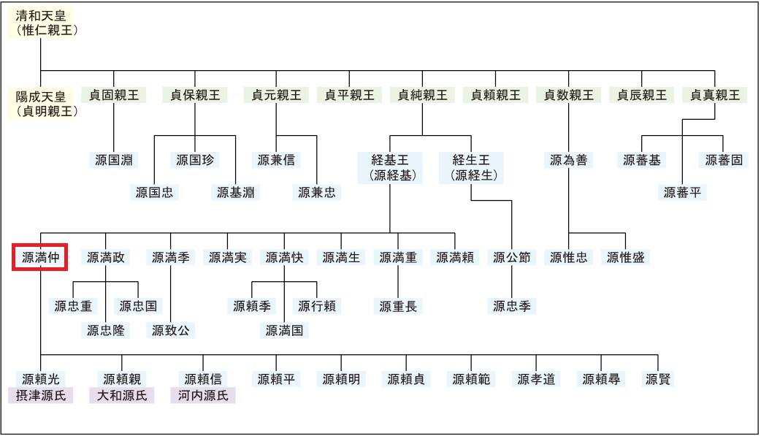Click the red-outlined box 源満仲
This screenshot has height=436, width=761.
40,257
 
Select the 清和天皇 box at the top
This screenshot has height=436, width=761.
45,23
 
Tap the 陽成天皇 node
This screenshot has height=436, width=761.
45,103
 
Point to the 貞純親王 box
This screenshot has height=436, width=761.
423,95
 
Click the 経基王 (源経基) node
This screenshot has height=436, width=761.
389,167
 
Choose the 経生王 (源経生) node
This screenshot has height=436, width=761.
471,167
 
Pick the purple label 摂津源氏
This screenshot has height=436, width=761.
41,396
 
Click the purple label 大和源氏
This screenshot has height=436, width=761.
122,396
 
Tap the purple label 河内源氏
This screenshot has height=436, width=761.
204,396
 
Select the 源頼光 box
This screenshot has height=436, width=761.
41,379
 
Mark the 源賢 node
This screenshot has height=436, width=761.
658,379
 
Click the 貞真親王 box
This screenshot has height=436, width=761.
715,95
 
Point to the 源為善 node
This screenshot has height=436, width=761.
568,160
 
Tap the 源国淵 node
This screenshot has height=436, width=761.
114,160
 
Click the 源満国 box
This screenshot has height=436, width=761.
285,330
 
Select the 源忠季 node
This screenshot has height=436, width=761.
511,306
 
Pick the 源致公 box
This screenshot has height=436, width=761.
170,330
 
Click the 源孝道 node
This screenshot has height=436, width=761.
536,379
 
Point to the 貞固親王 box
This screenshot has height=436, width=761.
114,95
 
